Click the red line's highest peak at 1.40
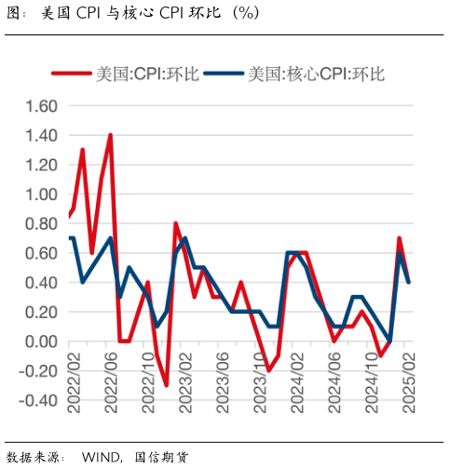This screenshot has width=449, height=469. pos(111,135)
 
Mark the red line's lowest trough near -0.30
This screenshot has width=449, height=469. pos(166,385)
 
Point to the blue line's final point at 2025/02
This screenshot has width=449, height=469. pos(409,282)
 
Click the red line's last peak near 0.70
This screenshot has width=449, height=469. pos(400,238)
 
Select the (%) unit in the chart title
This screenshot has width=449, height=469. pos(245,13)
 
